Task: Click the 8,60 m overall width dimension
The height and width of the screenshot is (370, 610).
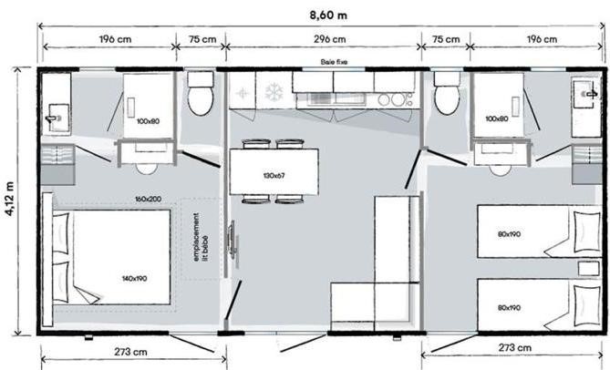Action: [x=328, y=15]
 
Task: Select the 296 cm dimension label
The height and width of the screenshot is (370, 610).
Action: [x=329, y=39]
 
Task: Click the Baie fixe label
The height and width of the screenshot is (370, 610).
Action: [x=334, y=62]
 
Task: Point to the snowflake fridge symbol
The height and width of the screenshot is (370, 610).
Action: [x=274, y=93]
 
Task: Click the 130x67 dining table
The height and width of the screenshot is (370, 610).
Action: [x=274, y=171]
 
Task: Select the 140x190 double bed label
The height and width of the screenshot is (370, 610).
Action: [x=134, y=278]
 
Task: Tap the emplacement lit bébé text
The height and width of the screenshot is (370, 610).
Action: [x=202, y=237]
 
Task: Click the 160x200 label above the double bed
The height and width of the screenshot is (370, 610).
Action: [x=149, y=199]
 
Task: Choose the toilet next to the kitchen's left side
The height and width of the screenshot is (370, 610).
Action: [x=201, y=93]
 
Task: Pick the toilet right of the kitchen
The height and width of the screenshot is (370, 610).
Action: [x=447, y=94]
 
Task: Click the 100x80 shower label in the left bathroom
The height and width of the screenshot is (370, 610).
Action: [x=148, y=121]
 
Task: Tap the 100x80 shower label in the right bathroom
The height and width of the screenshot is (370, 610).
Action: [x=496, y=118]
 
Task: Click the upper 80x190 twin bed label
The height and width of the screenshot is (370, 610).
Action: [x=509, y=234]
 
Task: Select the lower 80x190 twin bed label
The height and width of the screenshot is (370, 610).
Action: [x=509, y=308]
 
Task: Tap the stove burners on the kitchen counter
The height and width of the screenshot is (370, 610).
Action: [x=395, y=100]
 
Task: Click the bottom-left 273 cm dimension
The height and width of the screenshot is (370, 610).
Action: [x=130, y=352]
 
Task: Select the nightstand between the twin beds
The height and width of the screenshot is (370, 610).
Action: [x=588, y=269]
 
